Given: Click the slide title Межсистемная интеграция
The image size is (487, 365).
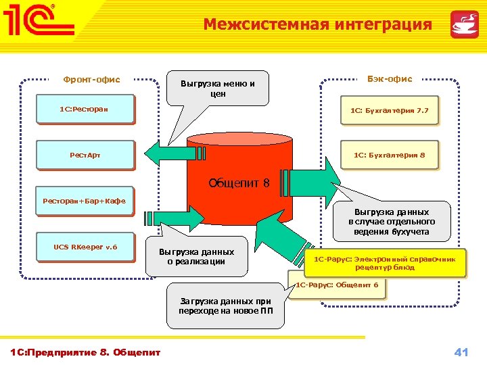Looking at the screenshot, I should [317, 25].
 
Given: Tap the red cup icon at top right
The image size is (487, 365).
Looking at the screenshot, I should [464, 25].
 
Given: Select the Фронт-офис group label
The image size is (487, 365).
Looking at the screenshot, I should [91, 80].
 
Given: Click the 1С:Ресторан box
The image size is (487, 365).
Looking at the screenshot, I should [84, 109].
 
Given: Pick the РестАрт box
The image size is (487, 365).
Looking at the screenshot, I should [84, 155].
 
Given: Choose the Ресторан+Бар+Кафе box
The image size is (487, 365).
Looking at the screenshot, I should [84, 201].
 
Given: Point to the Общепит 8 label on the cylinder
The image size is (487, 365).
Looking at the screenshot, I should [239, 182].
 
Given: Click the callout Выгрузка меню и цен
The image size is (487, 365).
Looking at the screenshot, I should [217, 89].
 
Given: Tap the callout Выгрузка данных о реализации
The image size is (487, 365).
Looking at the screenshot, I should [196, 257].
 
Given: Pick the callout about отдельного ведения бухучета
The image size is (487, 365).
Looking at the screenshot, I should [392, 222].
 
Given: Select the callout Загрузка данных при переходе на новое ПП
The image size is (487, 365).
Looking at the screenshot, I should [225, 306].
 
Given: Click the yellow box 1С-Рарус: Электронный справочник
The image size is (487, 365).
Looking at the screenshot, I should [386, 263].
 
